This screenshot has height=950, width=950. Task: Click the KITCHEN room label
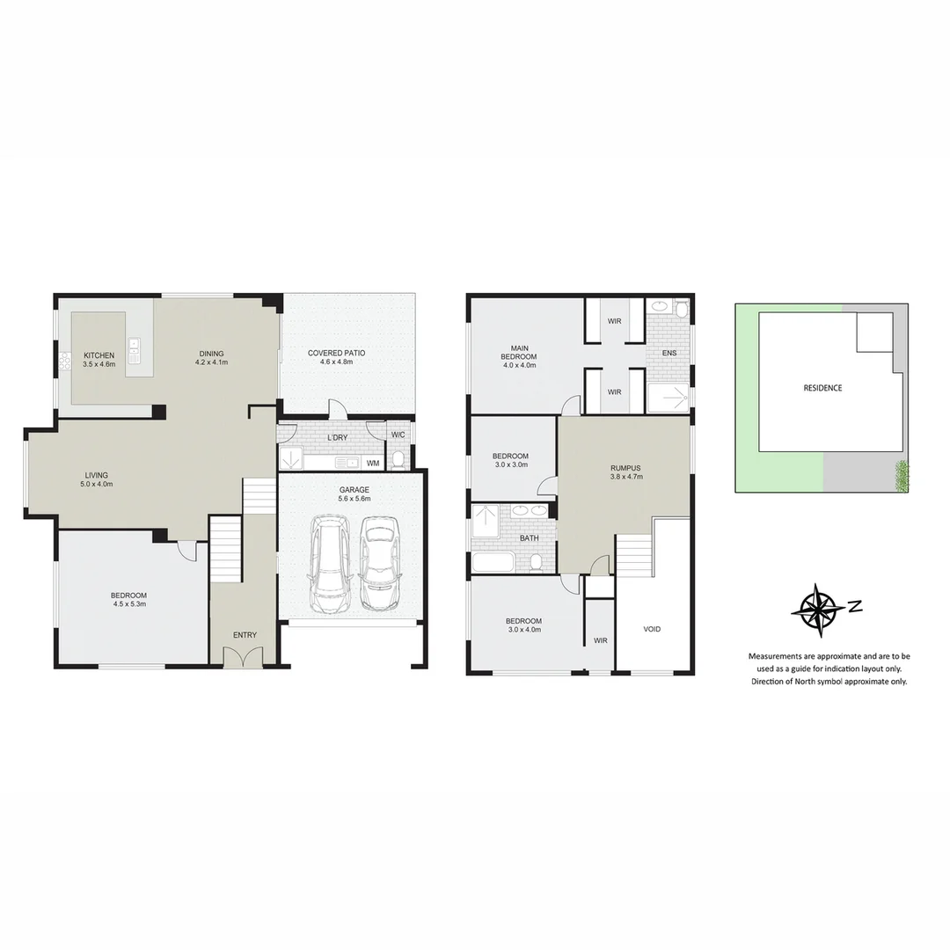(99, 359)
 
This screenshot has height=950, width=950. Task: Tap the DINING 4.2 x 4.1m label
(212, 358)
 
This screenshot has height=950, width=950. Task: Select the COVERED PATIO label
(336, 357)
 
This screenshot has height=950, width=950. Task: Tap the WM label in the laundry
(373, 463)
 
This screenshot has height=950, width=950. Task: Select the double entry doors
(244, 658)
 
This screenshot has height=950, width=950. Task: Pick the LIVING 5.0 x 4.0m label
(97, 479)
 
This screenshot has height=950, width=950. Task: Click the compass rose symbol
(817, 609)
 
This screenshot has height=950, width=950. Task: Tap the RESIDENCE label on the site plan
(822, 388)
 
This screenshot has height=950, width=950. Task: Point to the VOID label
(652, 629)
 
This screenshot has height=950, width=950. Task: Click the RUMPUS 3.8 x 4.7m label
(626, 472)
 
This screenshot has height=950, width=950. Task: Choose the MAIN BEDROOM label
(518, 352)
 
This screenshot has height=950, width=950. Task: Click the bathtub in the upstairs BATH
(495, 563)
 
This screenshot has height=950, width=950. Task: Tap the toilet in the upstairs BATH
(536, 562)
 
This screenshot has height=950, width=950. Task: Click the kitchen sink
(134, 351)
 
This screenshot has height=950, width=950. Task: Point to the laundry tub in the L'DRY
(290, 459)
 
